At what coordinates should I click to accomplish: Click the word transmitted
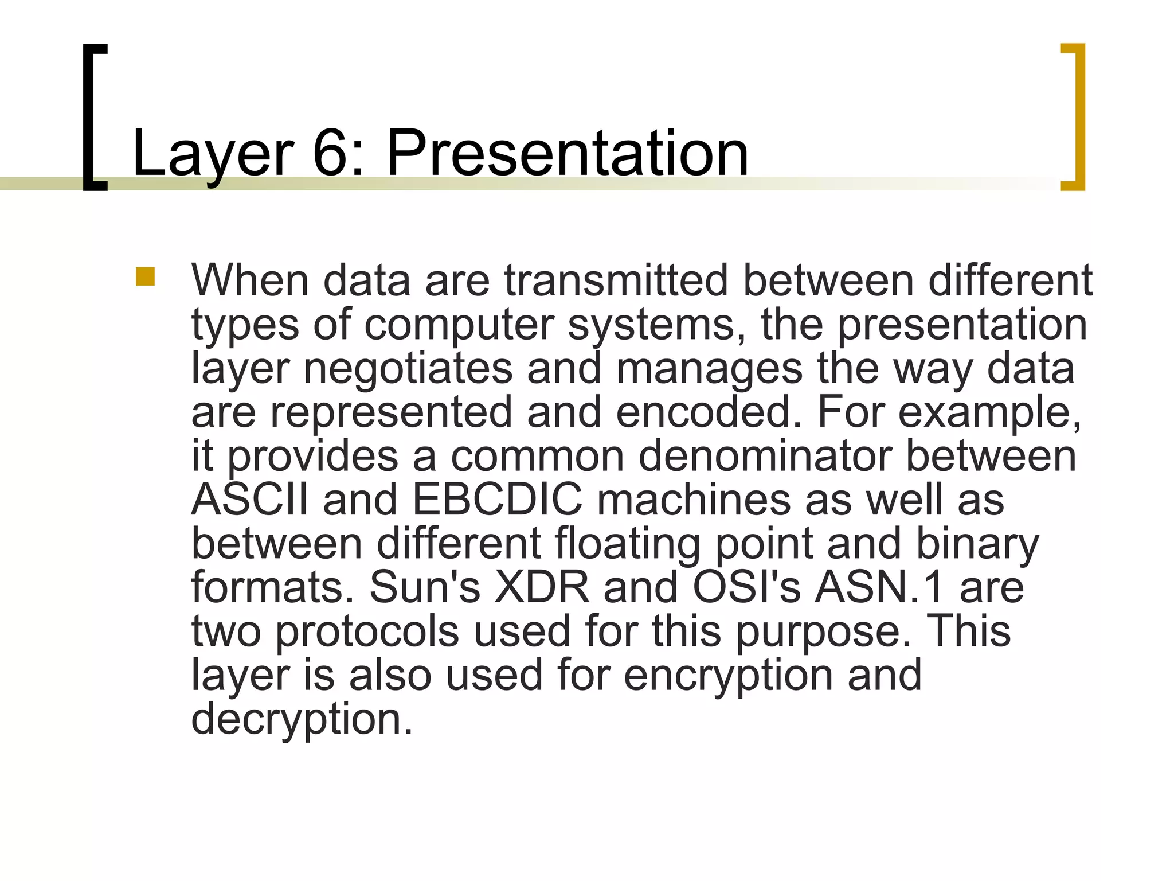616,280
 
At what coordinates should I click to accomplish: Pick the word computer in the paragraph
459,325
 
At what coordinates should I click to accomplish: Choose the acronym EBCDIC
496,500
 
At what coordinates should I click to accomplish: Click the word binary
977,544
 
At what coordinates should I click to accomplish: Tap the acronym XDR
542,587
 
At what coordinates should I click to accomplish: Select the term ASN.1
879,587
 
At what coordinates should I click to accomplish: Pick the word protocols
367,631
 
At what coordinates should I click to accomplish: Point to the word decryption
302,719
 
